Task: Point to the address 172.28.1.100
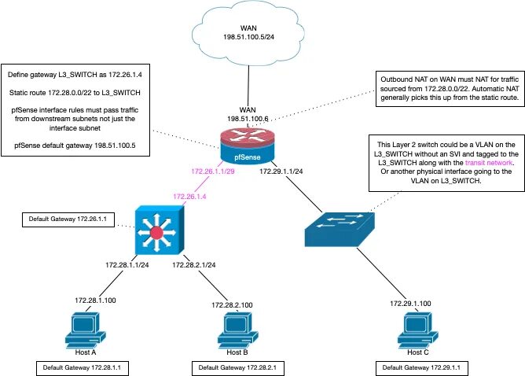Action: point(97,300)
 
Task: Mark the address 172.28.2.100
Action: point(233,304)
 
